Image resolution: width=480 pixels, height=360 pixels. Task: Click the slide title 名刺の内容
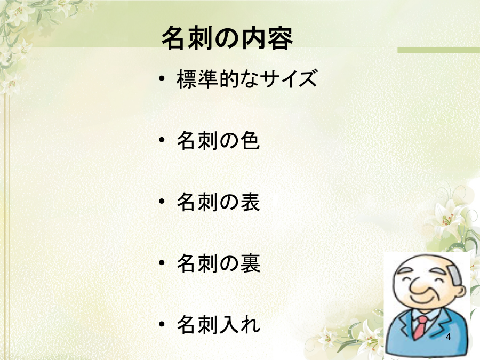click(227, 38)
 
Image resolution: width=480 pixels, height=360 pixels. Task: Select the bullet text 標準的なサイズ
click(247, 79)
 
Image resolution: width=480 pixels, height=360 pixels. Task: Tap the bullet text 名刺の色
click(218, 140)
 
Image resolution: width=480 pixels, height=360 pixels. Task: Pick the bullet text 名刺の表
click(218, 202)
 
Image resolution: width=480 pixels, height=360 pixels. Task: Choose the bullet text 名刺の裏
click(218, 263)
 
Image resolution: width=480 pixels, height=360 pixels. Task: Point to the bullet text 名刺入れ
click(218, 324)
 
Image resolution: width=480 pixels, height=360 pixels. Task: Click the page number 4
click(448, 337)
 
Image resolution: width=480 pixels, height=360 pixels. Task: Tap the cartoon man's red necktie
click(421, 327)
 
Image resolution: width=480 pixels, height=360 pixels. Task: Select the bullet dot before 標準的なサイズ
click(162, 79)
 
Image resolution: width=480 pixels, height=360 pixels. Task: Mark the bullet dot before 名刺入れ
click(162, 324)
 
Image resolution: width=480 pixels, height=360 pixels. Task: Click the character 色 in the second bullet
click(250, 140)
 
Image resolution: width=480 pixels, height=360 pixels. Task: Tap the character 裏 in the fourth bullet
click(250, 263)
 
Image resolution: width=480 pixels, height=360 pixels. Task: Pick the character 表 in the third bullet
click(250, 202)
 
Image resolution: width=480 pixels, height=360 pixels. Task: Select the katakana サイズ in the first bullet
click(289, 79)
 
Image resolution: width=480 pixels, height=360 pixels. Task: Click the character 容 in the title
click(280, 38)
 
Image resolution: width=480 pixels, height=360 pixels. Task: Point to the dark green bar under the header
click(439, 50)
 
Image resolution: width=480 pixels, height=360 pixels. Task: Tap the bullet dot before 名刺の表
click(162, 202)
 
